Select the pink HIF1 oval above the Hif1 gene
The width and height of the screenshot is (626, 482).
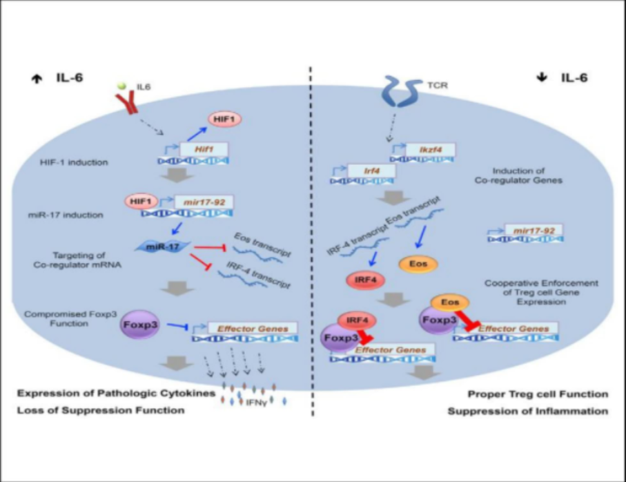[223, 120]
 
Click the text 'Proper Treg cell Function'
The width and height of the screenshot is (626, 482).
[537, 394]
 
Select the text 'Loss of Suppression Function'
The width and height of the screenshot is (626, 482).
[101, 410]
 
